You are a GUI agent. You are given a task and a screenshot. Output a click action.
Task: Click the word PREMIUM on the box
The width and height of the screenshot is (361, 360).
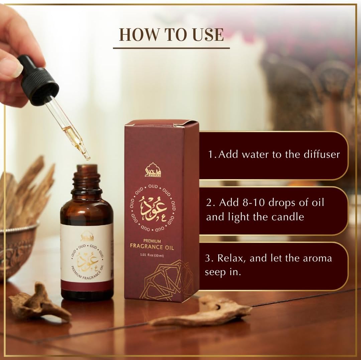point(152,241)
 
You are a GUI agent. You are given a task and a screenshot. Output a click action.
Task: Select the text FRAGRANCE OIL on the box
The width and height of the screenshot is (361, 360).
point(152,248)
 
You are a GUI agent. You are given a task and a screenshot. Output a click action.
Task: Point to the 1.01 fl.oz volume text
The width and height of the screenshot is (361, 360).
point(152,256)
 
